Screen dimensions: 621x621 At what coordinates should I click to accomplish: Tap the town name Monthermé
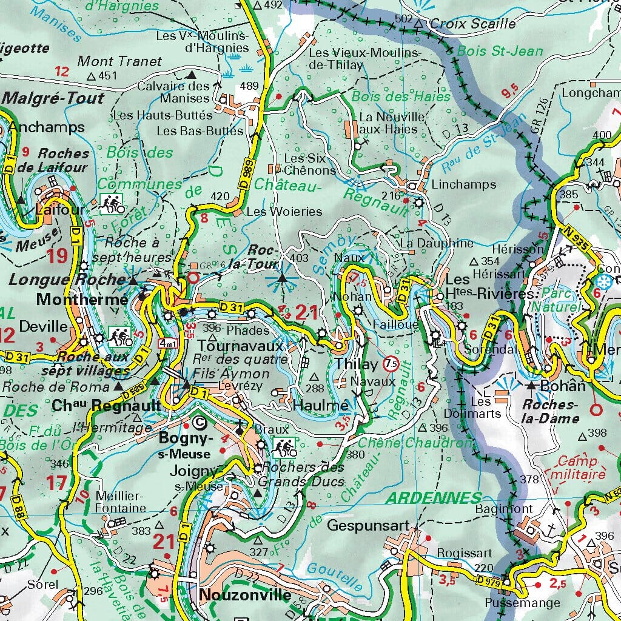(82, 299)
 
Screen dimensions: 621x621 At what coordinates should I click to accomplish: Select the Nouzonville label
(246, 594)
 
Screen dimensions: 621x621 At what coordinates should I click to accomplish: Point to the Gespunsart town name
(365, 525)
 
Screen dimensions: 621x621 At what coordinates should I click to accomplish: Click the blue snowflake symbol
(603, 281)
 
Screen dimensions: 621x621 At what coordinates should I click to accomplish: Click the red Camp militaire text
(582, 467)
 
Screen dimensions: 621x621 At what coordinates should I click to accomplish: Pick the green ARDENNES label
(434, 498)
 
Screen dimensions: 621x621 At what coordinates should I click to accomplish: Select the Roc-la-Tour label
(263, 256)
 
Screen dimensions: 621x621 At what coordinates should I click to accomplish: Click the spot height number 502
(403, 19)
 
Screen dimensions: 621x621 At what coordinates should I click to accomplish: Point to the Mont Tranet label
(120, 61)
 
